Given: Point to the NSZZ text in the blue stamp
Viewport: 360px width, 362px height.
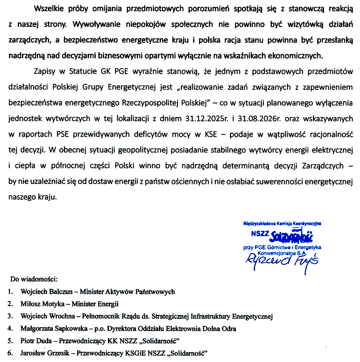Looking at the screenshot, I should tap(260, 233).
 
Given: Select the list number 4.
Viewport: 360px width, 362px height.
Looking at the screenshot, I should tap(9, 329).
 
